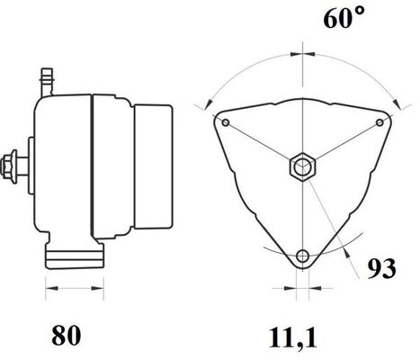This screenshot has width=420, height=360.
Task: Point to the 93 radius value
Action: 381,268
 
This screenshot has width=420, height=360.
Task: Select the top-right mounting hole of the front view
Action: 380,121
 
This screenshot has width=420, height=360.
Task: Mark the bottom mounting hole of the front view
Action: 302,255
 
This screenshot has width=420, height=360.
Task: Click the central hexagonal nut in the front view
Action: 302,167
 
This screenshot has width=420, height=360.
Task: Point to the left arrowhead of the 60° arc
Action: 209,98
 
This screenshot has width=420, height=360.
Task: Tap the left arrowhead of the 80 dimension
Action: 49,289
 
